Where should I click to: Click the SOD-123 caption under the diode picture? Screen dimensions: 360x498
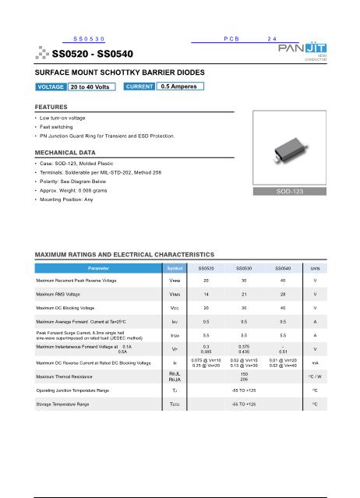tap(301, 191)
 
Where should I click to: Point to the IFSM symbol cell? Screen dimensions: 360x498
tap(175, 334)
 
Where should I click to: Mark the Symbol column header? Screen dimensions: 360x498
tap(175, 267)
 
